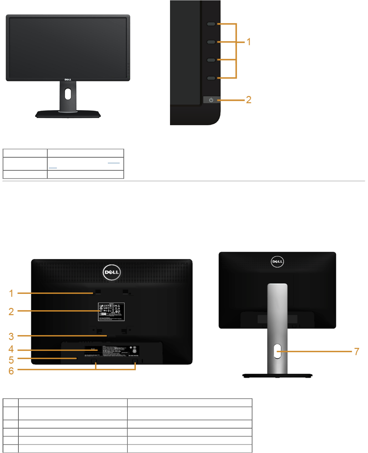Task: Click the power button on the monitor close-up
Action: [211, 100]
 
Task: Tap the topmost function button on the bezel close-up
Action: [211, 24]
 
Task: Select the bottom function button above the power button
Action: [211, 78]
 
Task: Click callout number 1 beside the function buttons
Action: [249, 42]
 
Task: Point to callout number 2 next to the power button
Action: [249, 100]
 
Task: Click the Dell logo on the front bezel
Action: [68, 79]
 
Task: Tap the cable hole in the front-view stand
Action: [68, 94]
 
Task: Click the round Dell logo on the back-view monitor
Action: [112, 272]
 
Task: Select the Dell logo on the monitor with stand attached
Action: [277, 261]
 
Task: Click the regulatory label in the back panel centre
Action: [111, 312]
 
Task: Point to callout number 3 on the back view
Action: [11, 336]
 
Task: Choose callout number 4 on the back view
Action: [11, 349]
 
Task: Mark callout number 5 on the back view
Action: [11, 360]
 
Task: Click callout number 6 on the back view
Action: [11, 371]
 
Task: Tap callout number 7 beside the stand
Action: [357, 352]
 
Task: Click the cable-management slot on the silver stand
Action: [277, 351]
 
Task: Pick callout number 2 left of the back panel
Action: [11, 312]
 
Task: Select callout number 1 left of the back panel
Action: [11, 293]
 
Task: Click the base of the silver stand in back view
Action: [277, 376]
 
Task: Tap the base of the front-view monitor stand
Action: [68, 114]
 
